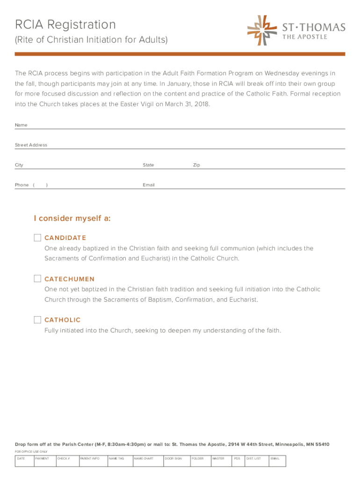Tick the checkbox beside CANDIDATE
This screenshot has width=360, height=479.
click(37, 238)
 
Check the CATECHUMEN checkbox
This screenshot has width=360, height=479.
click(37, 279)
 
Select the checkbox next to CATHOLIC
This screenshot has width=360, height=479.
click(37, 320)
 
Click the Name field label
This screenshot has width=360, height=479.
click(21, 125)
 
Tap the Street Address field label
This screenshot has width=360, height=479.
click(31, 145)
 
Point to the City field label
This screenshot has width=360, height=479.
click(19, 165)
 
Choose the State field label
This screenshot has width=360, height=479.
click(148, 165)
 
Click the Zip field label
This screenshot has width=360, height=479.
click(196, 165)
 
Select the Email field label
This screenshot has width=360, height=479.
click(149, 185)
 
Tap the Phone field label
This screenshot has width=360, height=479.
click(22, 185)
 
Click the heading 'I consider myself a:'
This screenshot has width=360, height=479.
click(72, 218)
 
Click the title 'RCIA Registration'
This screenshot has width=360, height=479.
click(65, 24)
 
